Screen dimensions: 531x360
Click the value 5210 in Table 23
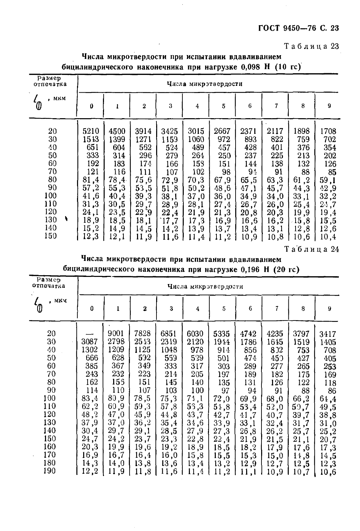pos(91,131)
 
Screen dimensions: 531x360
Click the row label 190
pos(50,471)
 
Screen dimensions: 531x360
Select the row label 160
pos(50,446)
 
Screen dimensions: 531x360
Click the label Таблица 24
pos(312,249)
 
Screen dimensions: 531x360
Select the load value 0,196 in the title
pos(251,270)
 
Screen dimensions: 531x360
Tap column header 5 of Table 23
pos(224,106)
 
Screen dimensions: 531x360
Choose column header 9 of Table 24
pos(329,309)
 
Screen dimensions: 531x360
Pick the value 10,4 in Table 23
pos(329,236)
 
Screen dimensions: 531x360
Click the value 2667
pos(222,131)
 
